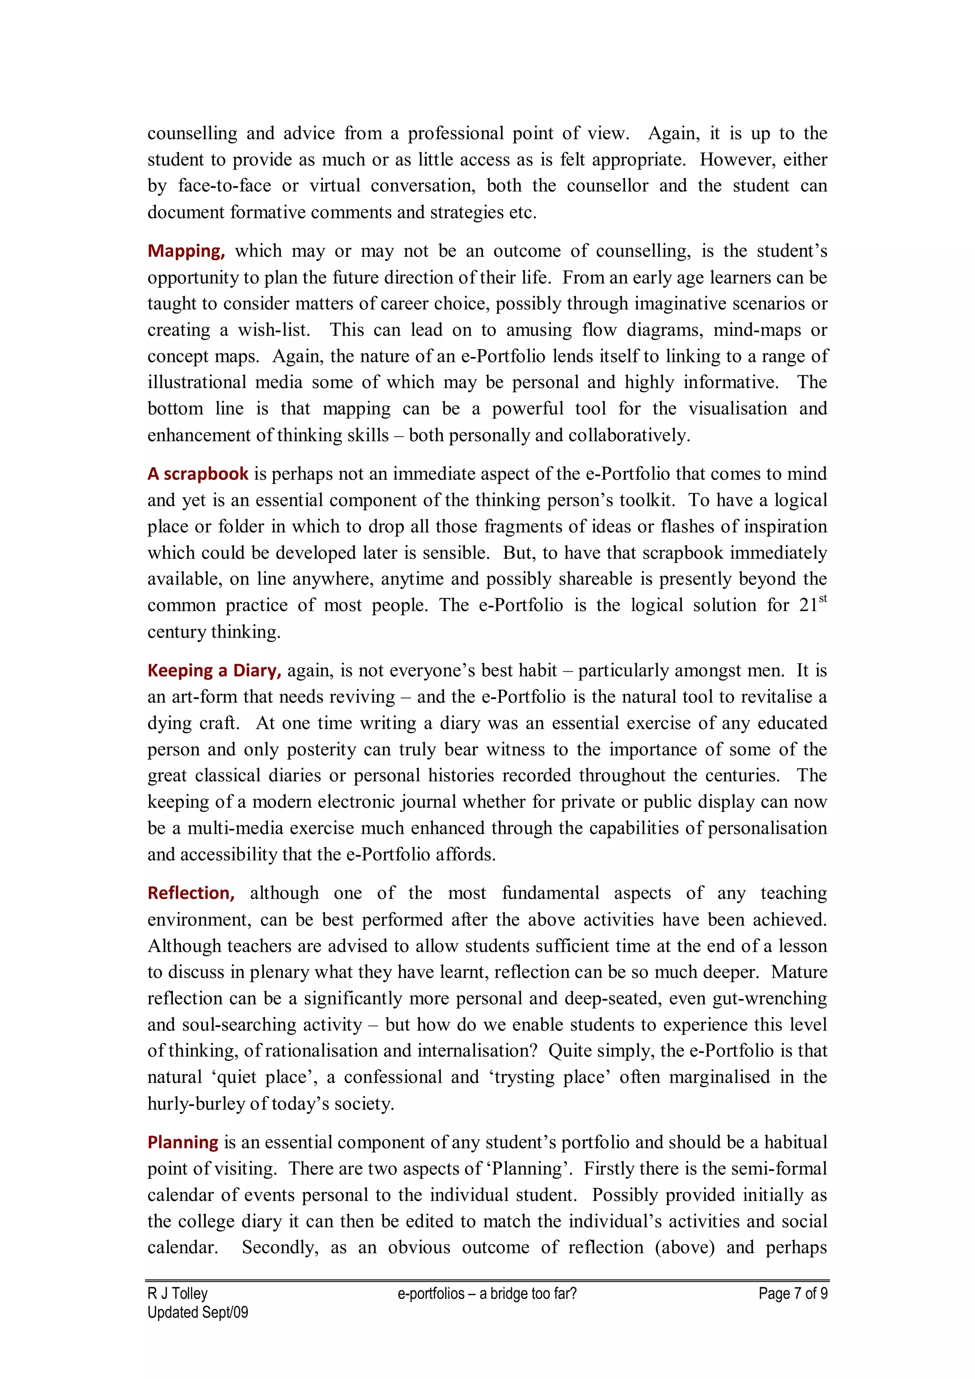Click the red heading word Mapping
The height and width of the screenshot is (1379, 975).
tap(186, 251)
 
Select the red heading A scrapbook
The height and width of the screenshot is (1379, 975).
tap(198, 474)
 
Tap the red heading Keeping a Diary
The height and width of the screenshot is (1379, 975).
tap(214, 670)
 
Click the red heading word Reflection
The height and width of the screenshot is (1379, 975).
tap(191, 893)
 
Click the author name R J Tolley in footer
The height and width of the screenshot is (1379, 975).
tap(177, 1293)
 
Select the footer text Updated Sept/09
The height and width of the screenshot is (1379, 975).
tap(198, 1312)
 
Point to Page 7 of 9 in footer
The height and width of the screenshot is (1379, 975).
tap(793, 1293)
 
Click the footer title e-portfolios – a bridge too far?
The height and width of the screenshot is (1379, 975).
tap(487, 1293)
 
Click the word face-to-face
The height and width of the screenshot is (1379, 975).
tap(225, 186)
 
